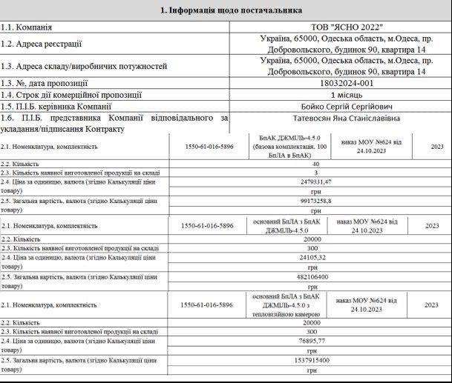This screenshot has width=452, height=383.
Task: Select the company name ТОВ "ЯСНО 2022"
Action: (x=318, y=27)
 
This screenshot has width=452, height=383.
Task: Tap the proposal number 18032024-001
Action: (x=317, y=83)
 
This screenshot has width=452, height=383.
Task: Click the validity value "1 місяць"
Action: (x=318, y=95)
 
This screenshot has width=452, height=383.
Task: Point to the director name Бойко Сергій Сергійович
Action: (x=318, y=106)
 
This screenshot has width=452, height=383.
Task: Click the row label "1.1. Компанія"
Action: (x=27, y=27)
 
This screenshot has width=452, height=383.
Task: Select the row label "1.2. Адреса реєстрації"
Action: (x=42, y=44)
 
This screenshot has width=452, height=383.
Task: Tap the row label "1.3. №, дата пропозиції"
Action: (x=45, y=83)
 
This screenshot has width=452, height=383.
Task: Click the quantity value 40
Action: (x=318, y=164)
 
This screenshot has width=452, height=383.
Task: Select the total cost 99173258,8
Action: (x=318, y=200)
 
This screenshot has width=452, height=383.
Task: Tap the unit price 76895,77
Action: (x=318, y=342)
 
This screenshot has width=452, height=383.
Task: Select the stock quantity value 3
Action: (x=318, y=172)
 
